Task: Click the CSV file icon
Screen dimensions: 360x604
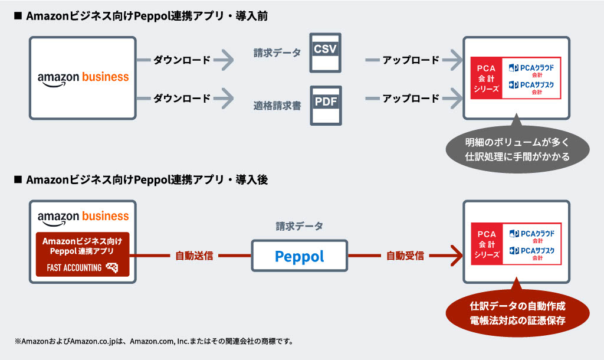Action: tap(325, 53)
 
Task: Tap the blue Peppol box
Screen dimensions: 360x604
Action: tap(300, 256)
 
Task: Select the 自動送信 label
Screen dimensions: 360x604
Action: tap(194, 256)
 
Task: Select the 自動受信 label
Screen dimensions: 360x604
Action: tap(405, 256)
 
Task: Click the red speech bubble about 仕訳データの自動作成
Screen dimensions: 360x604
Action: tap(517, 313)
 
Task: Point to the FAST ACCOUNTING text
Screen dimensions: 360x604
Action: tap(74, 267)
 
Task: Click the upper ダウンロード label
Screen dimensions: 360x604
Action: tap(182, 60)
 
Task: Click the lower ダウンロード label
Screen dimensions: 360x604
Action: tap(182, 99)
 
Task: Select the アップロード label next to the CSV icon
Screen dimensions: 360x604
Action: tap(411, 60)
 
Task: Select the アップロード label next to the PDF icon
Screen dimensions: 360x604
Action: tap(411, 99)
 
